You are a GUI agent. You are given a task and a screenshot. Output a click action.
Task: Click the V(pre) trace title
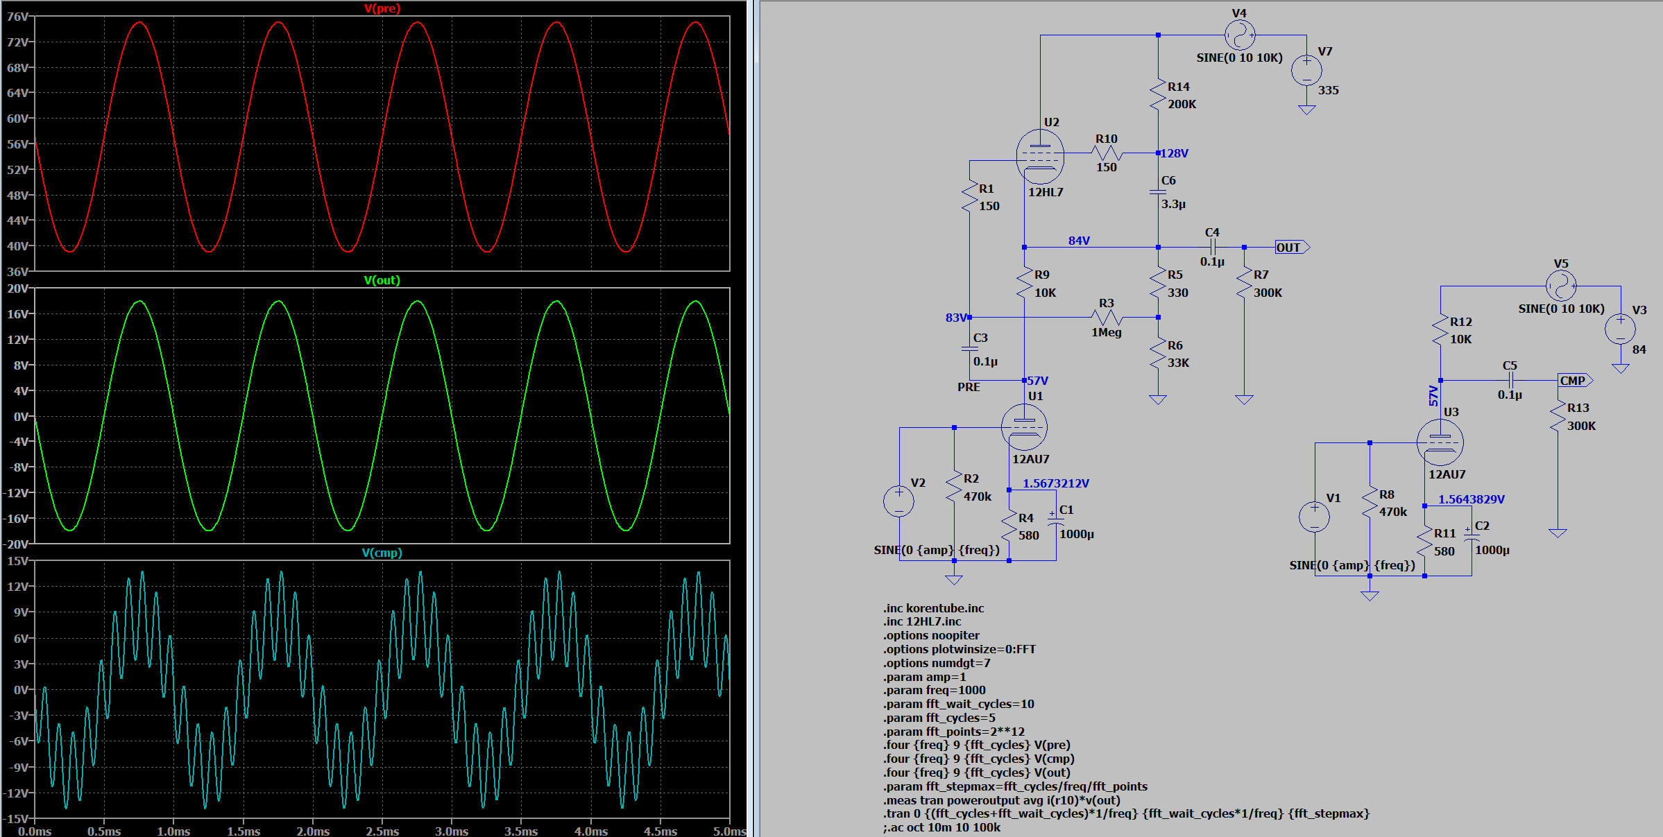click(382, 8)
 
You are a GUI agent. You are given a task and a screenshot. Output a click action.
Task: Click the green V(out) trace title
click(382, 280)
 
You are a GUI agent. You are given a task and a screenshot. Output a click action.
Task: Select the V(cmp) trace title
click(382, 553)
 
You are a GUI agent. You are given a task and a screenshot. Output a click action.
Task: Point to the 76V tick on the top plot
click(17, 17)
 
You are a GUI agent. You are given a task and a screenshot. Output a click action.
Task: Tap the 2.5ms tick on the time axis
click(382, 831)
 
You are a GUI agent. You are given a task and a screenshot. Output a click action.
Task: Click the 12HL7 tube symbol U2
click(1040, 157)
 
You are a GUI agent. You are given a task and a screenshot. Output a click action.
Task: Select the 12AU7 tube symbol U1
click(1024, 427)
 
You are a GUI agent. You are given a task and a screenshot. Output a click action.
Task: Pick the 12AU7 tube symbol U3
click(1440, 442)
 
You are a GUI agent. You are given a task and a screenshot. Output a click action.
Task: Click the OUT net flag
click(1292, 248)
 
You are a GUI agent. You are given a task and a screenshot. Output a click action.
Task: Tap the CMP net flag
click(1575, 381)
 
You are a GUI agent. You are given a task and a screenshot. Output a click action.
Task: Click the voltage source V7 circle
click(1306, 70)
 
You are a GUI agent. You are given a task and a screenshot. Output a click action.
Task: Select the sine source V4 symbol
click(1240, 35)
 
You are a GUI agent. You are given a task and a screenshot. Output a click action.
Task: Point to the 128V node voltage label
click(1175, 153)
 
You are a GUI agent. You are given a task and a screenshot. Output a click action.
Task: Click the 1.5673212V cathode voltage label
click(1055, 483)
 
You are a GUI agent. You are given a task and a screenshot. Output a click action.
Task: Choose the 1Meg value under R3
click(1106, 332)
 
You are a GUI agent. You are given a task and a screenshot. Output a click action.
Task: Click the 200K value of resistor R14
click(1182, 104)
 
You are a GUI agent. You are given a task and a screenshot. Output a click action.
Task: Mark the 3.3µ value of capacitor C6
click(1173, 205)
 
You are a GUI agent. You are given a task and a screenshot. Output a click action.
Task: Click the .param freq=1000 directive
click(934, 690)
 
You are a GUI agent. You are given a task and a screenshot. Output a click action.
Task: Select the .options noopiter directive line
click(931, 635)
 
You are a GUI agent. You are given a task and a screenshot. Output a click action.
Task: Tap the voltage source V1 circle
click(1314, 517)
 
